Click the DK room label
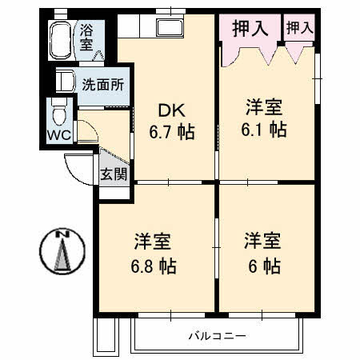pyautogui.click(x=174, y=110)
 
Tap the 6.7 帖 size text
pyautogui.click(x=175, y=131)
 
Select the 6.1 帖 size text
pyautogui.click(x=265, y=130)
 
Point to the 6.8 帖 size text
pyautogui.click(x=155, y=266)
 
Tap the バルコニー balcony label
pyautogui.click(x=217, y=335)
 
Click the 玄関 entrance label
pyautogui.click(x=113, y=174)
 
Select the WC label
pyautogui.click(x=58, y=135)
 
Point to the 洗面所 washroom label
pyautogui.click(x=104, y=82)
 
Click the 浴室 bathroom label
pyautogui.click(x=86, y=38)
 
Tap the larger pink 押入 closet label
pyautogui.click(x=250, y=29)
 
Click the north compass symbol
pyautogui.click(x=61, y=251)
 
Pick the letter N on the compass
pyautogui.click(x=61, y=234)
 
